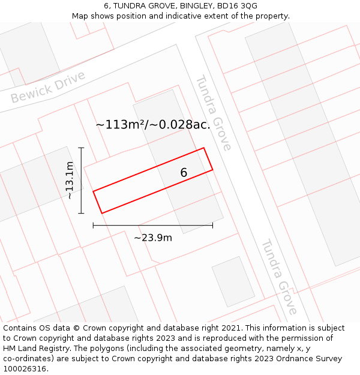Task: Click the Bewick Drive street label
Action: point(48,88)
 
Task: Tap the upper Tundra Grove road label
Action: point(213,112)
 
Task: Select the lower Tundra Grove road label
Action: point(279,277)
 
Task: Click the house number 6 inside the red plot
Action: point(184,173)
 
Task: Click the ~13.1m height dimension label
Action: point(70,180)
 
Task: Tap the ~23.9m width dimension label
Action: point(152,238)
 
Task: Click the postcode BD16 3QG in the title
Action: point(239,5)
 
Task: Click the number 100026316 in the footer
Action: point(25,369)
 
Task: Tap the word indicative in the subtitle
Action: point(179,16)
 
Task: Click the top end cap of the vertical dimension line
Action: point(82,148)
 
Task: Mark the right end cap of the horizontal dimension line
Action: point(212,225)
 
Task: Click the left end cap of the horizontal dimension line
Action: point(93,225)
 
